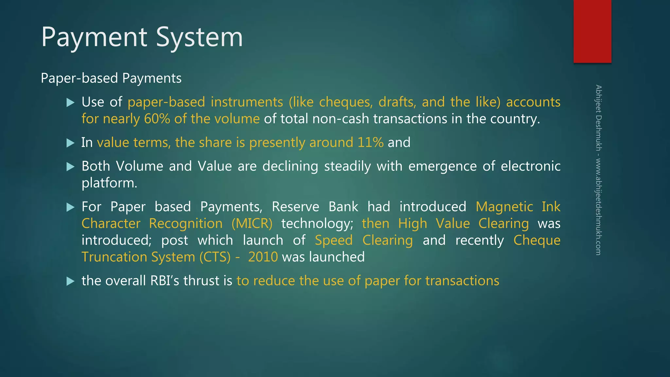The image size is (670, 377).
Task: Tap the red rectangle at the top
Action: pyautogui.click(x=592, y=31)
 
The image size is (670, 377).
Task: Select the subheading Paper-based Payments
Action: pyautogui.click(x=111, y=78)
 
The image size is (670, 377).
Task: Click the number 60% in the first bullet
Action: pyautogui.click(x=157, y=119)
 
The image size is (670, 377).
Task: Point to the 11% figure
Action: pyautogui.click(x=370, y=143)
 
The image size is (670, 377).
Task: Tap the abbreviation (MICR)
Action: pyautogui.click(x=252, y=224)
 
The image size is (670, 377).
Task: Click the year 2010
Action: pyautogui.click(x=263, y=257)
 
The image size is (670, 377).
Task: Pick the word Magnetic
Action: pyautogui.click(x=504, y=207)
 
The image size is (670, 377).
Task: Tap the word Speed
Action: pyautogui.click(x=334, y=240)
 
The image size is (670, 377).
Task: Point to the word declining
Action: pyautogui.click(x=290, y=166)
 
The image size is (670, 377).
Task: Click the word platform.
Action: pyautogui.click(x=109, y=183)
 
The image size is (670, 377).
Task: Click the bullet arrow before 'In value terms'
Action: pyautogui.click(x=70, y=143)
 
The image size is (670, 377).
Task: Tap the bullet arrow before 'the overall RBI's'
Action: pyautogui.click(x=70, y=281)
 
